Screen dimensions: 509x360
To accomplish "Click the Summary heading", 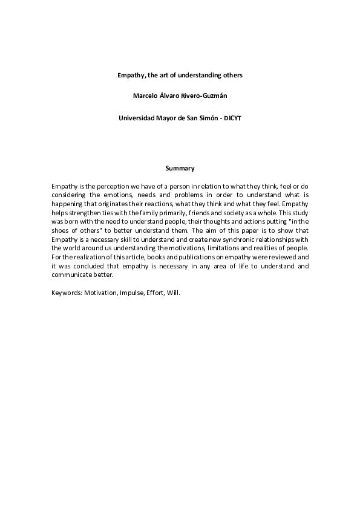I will (x=180, y=167).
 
